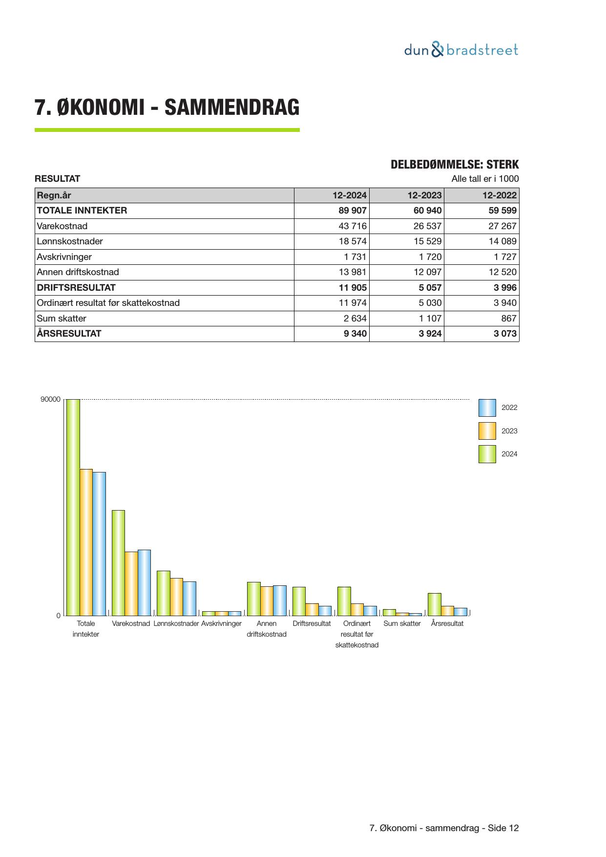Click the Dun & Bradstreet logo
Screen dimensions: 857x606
[x=461, y=50]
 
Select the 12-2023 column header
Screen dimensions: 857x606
[x=424, y=195]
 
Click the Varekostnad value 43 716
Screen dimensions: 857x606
[x=352, y=226]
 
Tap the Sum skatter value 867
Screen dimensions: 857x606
[x=508, y=319]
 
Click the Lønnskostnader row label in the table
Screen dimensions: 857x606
[x=70, y=241]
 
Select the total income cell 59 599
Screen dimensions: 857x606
[x=502, y=211]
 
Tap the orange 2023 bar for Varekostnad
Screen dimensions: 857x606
[x=131, y=583]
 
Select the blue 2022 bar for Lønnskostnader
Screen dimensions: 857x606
[x=189, y=599]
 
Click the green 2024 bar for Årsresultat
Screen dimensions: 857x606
[x=434, y=604]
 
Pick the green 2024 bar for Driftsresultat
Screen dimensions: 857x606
[x=299, y=601]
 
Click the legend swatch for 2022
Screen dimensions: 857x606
[x=487, y=407]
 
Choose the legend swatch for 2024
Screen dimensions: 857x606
[x=487, y=454]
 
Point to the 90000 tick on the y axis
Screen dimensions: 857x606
[x=50, y=400]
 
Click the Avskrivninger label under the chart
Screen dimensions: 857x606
[x=221, y=623]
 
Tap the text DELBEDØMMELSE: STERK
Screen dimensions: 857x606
[x=454, y=165]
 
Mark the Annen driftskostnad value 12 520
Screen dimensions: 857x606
[x=502, y=272]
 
